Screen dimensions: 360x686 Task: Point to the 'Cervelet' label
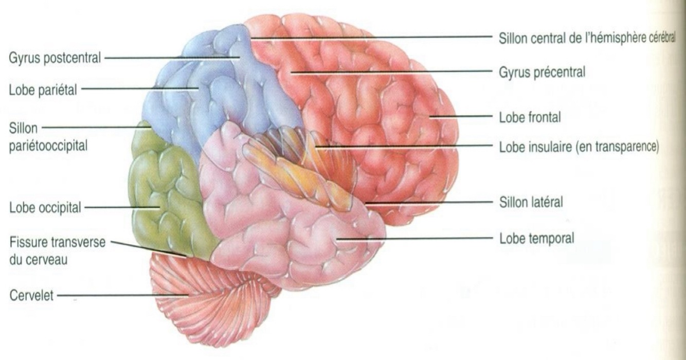28,296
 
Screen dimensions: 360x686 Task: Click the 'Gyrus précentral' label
542,73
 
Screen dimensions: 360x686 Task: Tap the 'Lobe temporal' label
535,239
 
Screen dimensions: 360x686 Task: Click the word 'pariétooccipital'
47,146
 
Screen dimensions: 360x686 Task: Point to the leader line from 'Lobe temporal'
411,239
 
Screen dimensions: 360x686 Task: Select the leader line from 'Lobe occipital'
121,208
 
